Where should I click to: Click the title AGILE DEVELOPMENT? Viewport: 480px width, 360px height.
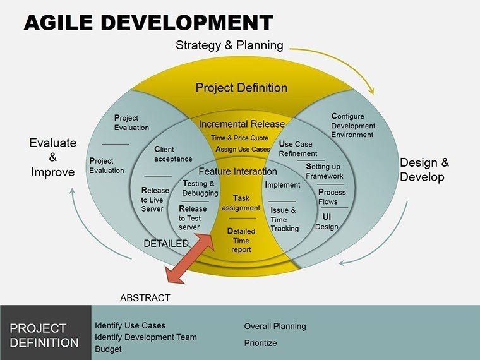[x=148, y=23]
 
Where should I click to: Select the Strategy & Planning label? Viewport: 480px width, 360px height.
[x=229, y=45]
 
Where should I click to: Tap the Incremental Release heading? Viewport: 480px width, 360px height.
[x=242, y=124]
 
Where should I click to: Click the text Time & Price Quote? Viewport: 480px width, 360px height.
[x=240, y=138]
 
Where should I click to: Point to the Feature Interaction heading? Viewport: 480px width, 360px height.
[x=237, y=171]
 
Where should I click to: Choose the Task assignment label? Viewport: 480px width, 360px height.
[x=241, y=203]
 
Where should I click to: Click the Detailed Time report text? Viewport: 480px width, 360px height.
[x=241, y=240]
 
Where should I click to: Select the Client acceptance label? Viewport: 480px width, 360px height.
[x=173, y=154]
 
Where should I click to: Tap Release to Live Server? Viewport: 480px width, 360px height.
[x=155, y=200]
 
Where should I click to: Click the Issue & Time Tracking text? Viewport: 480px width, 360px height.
[x=284, y=219]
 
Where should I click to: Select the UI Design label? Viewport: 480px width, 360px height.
[x=327, y=222]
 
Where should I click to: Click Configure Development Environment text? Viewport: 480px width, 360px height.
[x=353, y=125]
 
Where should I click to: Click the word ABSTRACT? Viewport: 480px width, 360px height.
[x=145, y=297]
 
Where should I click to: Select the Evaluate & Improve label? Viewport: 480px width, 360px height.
[x=52, y=157]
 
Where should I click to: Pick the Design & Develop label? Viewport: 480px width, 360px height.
[x=424, y=169]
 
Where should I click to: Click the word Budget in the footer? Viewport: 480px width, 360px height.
[x=108, y=349]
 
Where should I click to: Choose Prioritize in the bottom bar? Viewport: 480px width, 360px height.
[x=260, y=343]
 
